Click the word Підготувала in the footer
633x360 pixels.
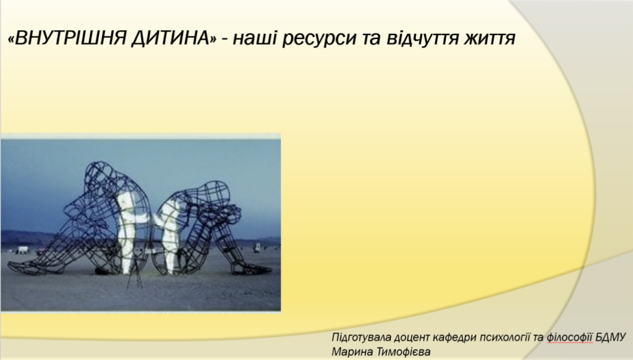(x=361, y=338)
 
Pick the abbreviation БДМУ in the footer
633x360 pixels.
(x=611, y=337)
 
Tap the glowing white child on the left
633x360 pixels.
(x=129, y=230)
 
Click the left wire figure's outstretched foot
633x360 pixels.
(x=25, y=267)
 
